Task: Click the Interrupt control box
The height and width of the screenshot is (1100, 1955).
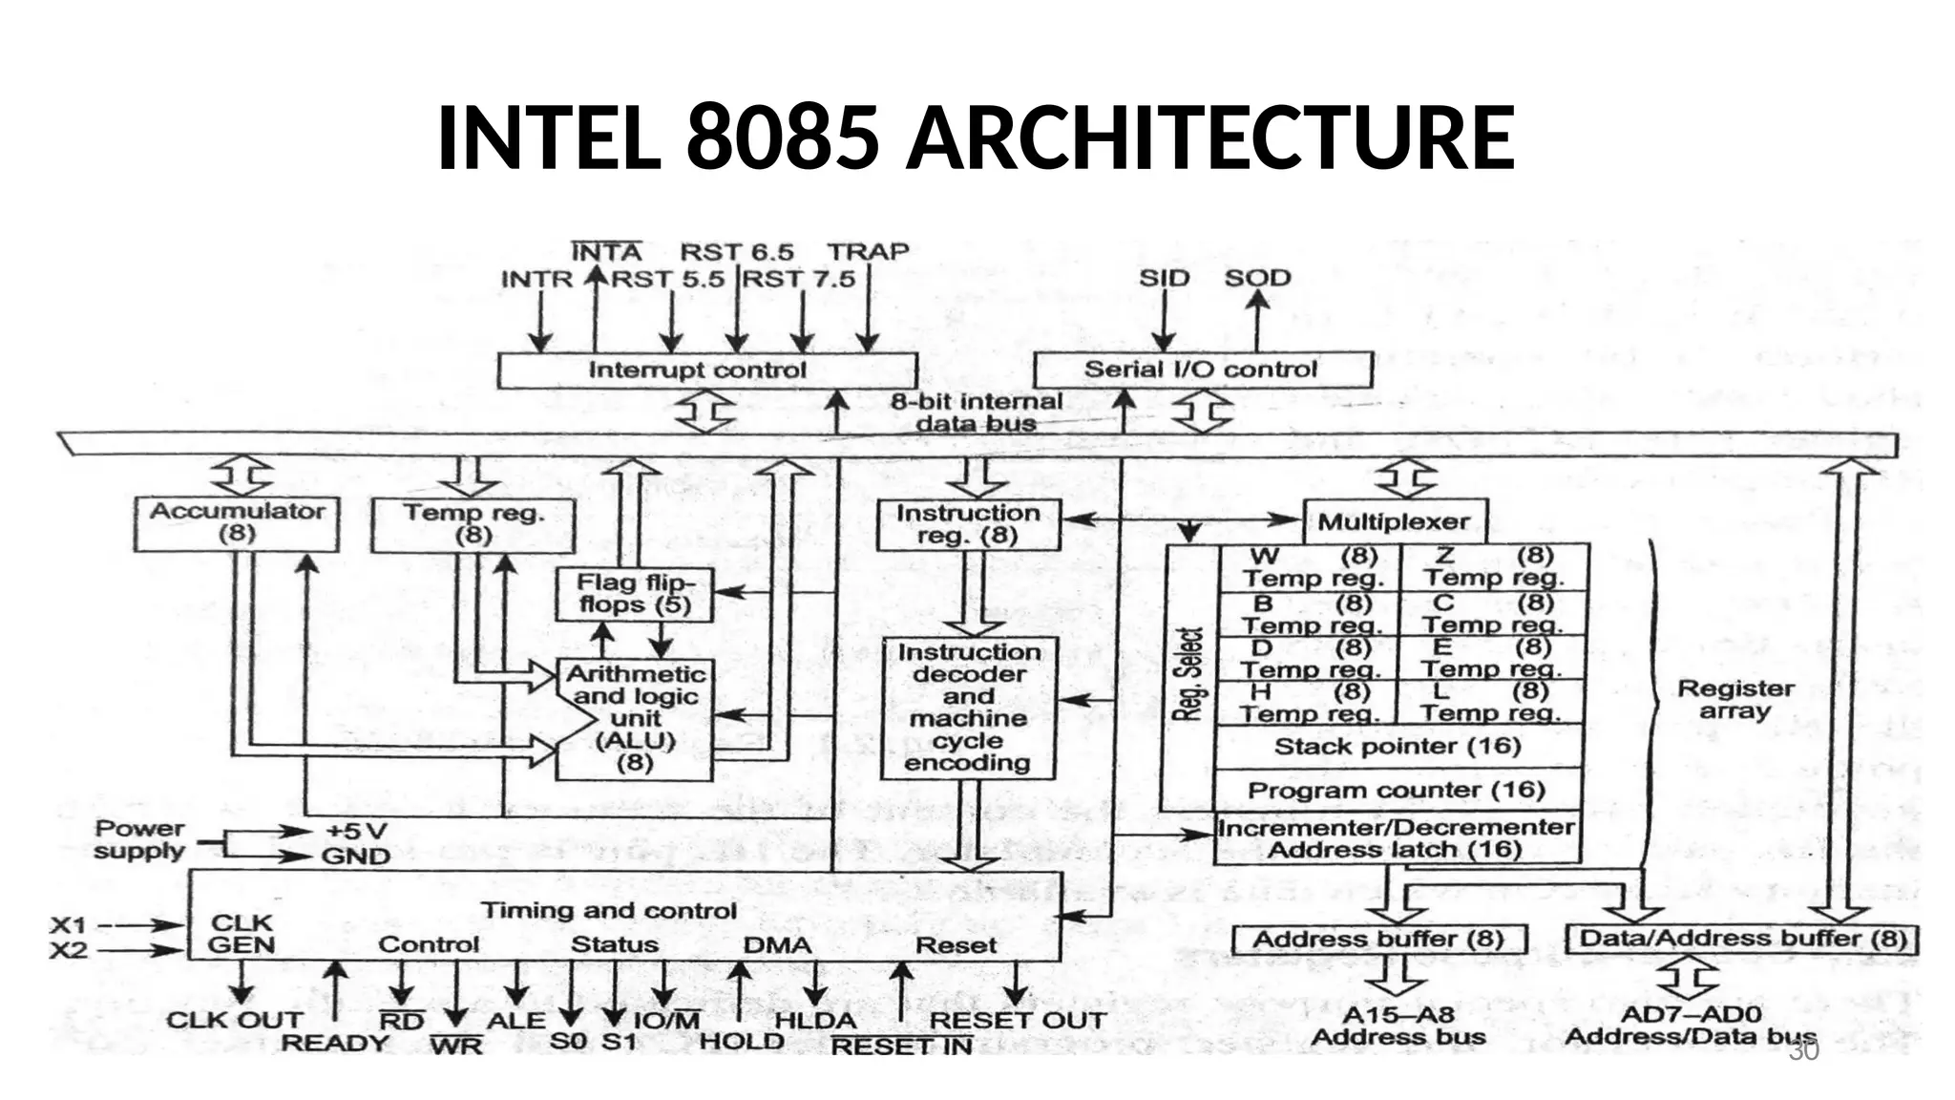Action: tap(706, 370)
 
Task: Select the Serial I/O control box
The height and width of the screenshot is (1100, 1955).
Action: tap(1202, 370)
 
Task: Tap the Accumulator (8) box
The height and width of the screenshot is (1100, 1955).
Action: tap(237, 523)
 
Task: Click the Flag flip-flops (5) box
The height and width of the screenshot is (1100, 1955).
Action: tap(634, 594)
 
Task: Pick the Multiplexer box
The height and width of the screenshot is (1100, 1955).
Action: tap(1395, 522)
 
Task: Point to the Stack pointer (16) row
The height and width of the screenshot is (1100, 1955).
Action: tap(1398, 747)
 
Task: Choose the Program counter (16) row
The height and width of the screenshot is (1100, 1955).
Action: tap(1398, 791)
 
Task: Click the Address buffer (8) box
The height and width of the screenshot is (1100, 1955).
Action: tap(1378, 940)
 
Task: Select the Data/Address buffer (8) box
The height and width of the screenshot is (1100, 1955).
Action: tap(1742, 939)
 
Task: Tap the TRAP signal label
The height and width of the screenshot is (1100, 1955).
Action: tap(868, 252)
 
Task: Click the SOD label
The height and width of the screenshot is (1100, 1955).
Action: tap(1257, 278)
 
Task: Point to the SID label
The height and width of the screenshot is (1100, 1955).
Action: tap(1164, 278)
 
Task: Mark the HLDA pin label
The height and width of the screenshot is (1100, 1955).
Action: tap(814, 1020)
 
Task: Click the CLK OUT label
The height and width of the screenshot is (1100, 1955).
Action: tap(234, 1020)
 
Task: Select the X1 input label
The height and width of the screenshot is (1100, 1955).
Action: tap(68, 924)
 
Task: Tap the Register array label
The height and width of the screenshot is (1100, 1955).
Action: tap(1735, 700)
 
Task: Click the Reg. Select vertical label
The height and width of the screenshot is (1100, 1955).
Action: tap(1189, 674)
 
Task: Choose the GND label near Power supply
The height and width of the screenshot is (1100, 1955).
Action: tap(355, 857)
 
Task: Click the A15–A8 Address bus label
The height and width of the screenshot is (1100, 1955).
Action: tap(1398, 1026)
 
